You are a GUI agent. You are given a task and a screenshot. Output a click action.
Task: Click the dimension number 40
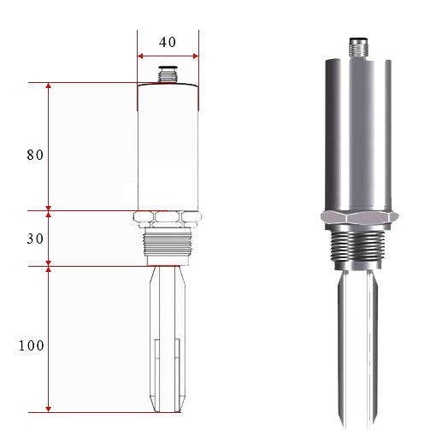tap(168, 42)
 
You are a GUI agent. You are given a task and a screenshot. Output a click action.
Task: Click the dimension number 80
tap(35, 155)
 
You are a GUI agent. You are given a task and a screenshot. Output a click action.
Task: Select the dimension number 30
tap(35, 239)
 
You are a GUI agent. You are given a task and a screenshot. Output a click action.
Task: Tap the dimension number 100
tap(32, 345)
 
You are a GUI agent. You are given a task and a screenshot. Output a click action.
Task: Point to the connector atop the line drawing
tap(168, 74)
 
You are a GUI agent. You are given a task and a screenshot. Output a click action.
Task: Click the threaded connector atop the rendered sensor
tap(358, 47)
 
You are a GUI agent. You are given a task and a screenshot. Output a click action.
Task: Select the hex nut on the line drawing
tap(168, 219)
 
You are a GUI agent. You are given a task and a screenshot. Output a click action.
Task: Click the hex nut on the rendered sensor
tap(360, 217)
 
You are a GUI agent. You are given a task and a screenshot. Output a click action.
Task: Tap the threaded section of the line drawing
tap(168, 243)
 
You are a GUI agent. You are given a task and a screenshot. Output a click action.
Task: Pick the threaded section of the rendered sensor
tap(357, 246)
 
